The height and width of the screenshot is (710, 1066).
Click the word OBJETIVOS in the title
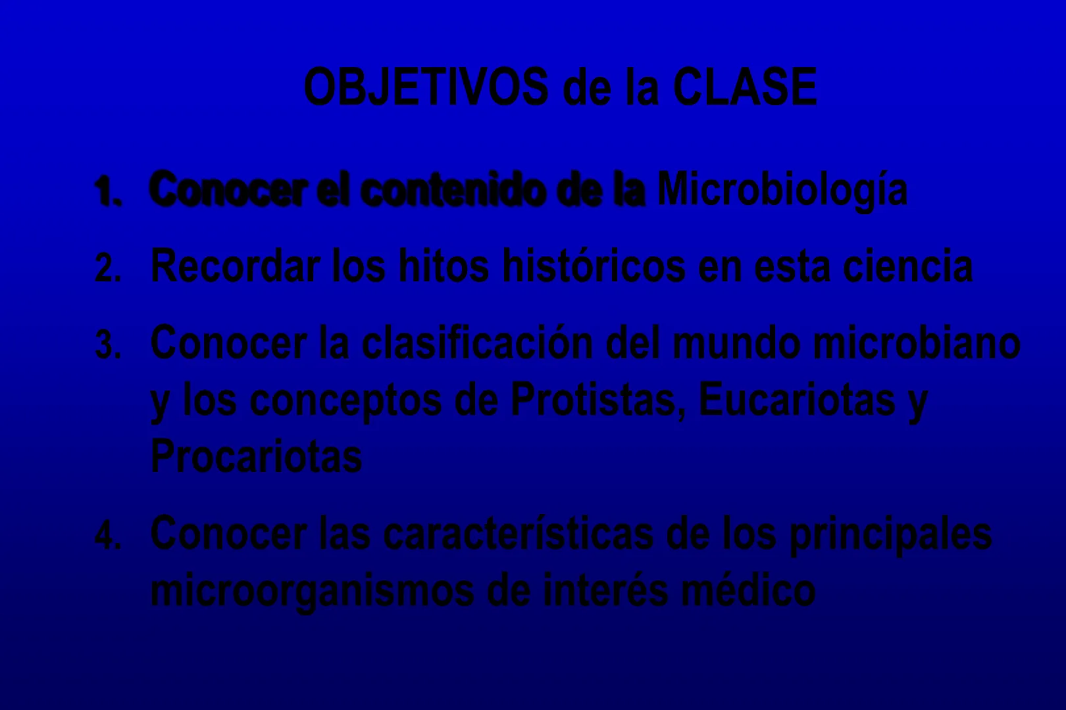[x=426, y=87]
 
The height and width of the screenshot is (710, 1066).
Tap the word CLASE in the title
[x=745, y=87]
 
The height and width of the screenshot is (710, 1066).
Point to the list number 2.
[x=108, y=268]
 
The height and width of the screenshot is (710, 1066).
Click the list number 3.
[x=108, y=344]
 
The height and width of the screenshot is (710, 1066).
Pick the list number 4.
[x=108, y=536]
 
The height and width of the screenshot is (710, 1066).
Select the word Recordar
[x=235, y=266]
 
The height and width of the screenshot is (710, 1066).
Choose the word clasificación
[x=477, y=343]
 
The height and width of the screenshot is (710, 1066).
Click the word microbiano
[x=917, y=343]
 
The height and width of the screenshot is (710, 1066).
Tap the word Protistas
[x=598, y=400]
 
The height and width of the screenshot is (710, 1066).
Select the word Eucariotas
[x=797, y=400]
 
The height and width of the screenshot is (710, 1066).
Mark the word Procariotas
[x=256, y=456]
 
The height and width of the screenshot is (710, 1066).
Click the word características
[x=519, y=534]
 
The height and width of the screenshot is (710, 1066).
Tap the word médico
[x=748, y=590]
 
